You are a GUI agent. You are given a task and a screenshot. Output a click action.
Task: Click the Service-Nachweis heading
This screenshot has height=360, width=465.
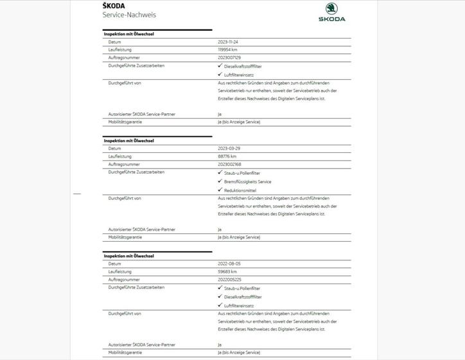(x=129, y=15)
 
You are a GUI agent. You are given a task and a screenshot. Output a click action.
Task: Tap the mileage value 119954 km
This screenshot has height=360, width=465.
(x=228, y=50)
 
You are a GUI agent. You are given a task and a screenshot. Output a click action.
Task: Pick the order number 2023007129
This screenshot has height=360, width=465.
(x=230, y=57)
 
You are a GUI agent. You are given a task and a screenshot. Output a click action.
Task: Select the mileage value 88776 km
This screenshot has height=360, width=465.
(x=227, y=156)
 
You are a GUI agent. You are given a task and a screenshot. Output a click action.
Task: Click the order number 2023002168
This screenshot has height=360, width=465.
(x=230, y=164)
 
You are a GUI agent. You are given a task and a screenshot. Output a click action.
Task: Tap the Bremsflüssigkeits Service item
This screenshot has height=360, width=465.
(x=247, y=182)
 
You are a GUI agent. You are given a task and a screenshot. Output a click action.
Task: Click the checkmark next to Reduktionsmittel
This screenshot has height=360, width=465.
(x=220, y=190)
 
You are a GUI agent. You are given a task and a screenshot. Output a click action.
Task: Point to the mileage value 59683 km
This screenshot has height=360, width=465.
(x=227, y=271)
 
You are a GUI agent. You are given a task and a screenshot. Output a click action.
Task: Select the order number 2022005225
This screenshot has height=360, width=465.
(x=230, y=279)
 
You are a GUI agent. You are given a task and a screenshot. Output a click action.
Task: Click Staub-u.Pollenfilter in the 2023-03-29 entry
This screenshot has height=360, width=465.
(x=243, y=172)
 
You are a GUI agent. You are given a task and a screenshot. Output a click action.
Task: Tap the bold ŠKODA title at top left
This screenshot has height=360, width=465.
(x=114, y=6)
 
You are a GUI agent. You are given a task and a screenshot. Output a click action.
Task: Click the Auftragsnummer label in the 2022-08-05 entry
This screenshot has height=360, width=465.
(x=124, y=279)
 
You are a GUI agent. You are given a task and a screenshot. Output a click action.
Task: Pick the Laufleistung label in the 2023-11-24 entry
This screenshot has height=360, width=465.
(x=120, y=50)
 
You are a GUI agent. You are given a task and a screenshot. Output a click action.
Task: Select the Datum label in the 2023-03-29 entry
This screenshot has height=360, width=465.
(x=115, y=148)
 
